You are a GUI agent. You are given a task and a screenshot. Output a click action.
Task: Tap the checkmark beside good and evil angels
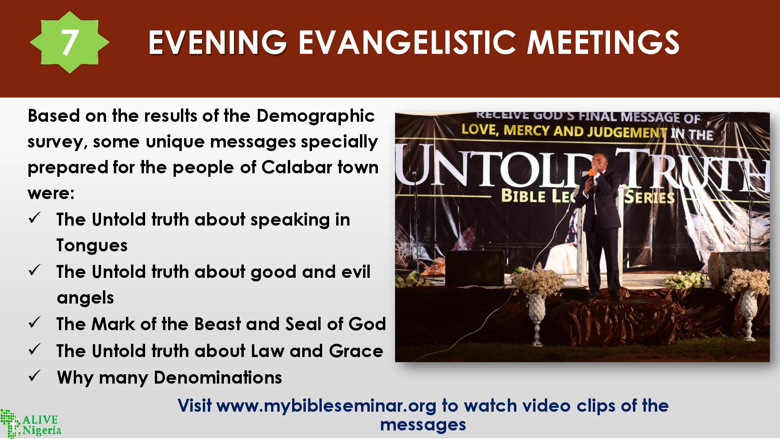[x=34, y=270]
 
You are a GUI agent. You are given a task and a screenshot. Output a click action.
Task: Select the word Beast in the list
[x=217, y=324]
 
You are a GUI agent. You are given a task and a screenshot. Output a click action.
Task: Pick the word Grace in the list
[x=356, y=351]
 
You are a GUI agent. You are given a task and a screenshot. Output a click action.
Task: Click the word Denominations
[x=218, y=377]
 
